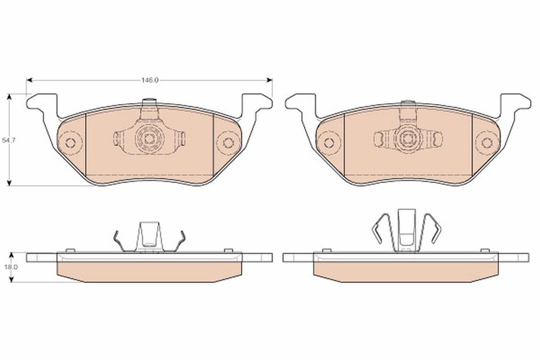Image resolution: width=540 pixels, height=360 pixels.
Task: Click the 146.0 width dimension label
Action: click(149, 80)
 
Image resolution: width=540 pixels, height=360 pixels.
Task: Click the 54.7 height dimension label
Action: click(8, 140)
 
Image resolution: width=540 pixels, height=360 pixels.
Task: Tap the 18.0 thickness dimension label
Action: click(9, 267)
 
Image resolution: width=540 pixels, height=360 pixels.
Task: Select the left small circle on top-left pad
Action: click(70, 142)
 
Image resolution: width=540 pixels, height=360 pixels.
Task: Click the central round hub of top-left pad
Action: click(149, 139)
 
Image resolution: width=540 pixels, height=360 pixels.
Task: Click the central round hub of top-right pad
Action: click(406, 139)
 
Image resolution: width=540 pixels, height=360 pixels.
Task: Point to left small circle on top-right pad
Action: click(329, 142)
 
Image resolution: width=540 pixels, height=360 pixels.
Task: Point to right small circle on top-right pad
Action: click(485, 142)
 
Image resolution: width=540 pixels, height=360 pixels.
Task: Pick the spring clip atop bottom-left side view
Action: click(149, 237)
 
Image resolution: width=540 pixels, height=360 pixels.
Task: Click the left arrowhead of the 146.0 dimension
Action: click(29, 79)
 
